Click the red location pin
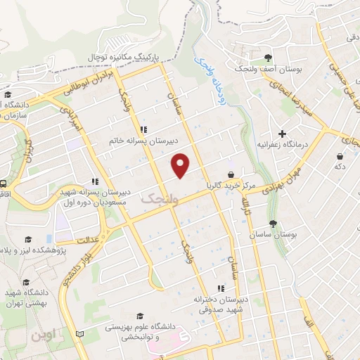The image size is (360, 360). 181,165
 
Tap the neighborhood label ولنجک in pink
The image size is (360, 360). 156,200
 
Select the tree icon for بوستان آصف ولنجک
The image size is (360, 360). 267,58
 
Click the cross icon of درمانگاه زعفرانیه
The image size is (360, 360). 282,133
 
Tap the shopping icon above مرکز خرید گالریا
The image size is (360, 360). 231,174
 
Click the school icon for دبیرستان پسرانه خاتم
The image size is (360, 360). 143,129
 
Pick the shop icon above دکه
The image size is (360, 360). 340,156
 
